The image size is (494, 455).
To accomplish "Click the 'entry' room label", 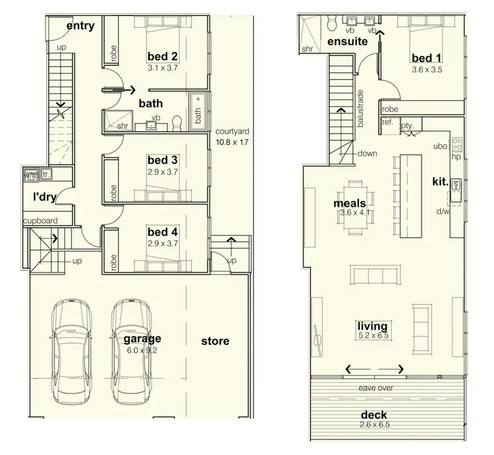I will pyautogui.click(x=80, y=26).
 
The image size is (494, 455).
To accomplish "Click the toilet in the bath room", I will pyautogui.click(x=176, y=122).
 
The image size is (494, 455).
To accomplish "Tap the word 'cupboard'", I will pyautogui.click(x=41, y=221).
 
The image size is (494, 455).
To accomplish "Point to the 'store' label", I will pyautogui.click(x=215, y=340).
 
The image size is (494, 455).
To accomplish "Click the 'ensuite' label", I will pyautogui.click(x=347, y=41).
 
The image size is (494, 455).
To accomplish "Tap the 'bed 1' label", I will pyautogui.click(x=426, y=57).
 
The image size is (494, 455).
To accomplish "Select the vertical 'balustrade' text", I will pyautogui.click(x=360, y=109).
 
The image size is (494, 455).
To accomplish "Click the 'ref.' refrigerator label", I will pyautogui.click(x=387, y=122).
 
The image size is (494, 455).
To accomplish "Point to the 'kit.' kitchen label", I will pyautogui.click(x=440, y=181).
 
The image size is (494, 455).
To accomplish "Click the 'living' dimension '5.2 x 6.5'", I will pyautogui.click(x=372, y=336).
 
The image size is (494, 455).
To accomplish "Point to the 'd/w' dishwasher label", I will pyautogui.click(x=442, y=211).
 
